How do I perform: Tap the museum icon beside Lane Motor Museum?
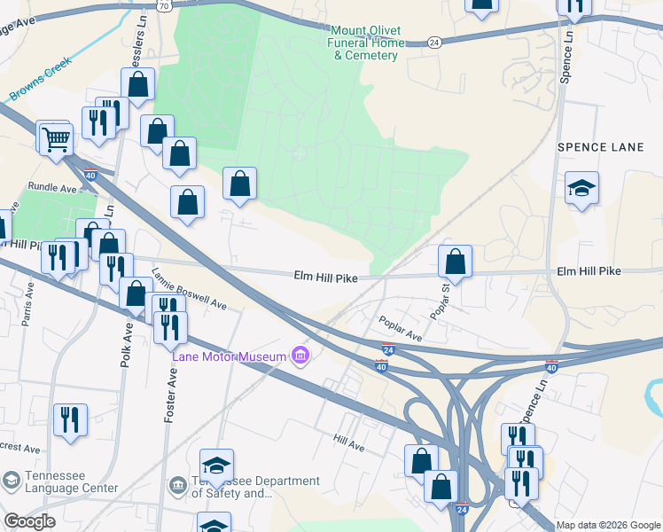[x=300, y=356]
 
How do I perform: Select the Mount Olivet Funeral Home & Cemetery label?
[x=365, y=43]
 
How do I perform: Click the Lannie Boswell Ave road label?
[x=190, y=289]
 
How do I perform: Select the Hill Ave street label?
[x=349, y=439]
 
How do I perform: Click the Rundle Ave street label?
[x=52, y=188]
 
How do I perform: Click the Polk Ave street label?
[x=128, y=343]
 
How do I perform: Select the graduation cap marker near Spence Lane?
[x=581, y=188]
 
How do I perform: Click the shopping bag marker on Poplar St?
[x=455, y=262]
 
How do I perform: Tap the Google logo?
[x=30, y=521]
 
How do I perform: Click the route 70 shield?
[x=163, y=4]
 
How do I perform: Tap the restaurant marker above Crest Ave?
[x=70, y=419]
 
